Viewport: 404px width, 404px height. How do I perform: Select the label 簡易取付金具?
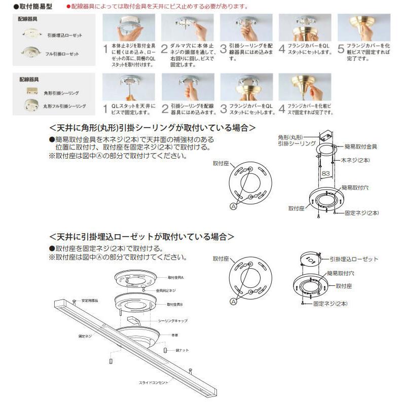[x=360, y=146]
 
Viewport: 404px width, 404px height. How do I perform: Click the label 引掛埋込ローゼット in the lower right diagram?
[x=354, y=259]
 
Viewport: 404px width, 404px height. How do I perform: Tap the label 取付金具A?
[x=175, y=278]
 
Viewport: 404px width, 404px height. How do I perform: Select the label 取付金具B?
[x=175, y=304]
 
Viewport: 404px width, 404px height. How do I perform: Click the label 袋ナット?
[x=180, y=350]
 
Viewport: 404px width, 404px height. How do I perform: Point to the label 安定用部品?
[x=91, y=300]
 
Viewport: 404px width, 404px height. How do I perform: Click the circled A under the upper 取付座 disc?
[x=234, y=206]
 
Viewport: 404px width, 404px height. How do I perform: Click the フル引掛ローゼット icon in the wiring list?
[x=29, y=53]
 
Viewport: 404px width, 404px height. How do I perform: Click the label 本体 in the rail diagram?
[x=174, y=335]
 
